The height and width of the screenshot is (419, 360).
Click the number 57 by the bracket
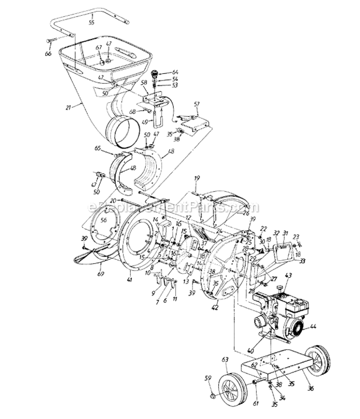(196, 104)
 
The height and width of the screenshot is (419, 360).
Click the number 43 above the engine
(289, 276)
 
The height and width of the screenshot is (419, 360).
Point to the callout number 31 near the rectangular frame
(285, 234)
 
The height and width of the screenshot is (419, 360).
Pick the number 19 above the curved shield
(197, 178)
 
